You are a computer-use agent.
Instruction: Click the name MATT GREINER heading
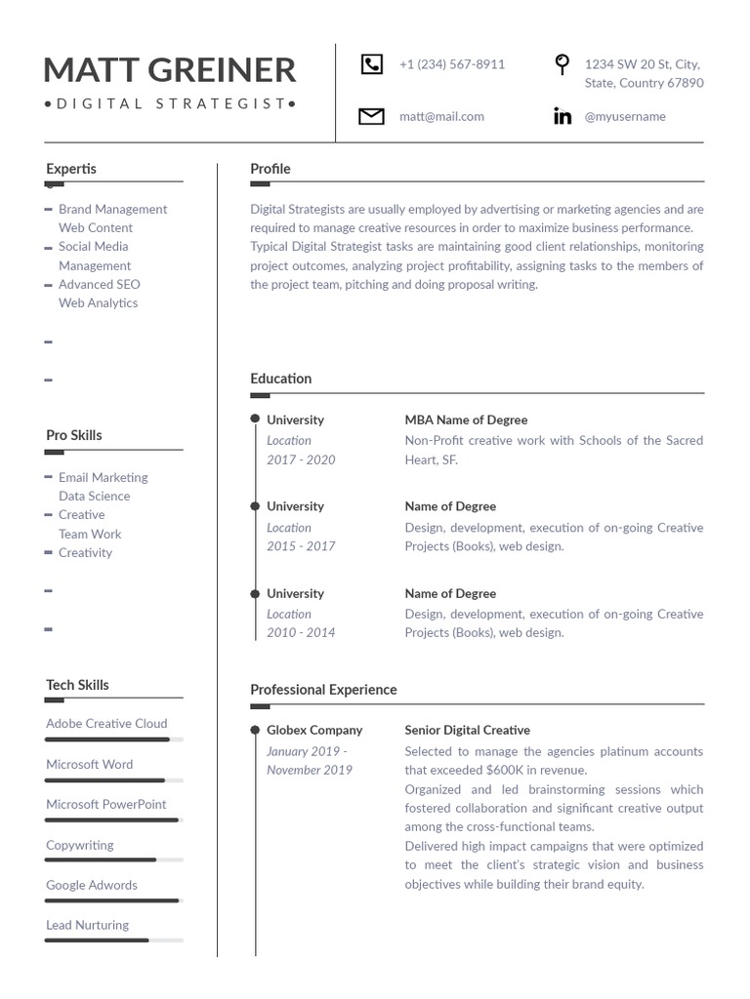pyautogui.click(x=170, y=70)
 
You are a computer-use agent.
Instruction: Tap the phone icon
pyautogui.click(x=372, y=64)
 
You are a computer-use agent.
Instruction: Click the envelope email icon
pyautogui.click(x=371, y=117)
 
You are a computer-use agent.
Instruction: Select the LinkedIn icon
pyautogui.click(x=562, y=117)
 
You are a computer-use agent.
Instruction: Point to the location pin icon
pyautogui.click(x=562, y=65)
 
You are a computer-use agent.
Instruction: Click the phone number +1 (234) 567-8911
pyautogui.click(x=452, y=64)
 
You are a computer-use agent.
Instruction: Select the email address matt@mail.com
pyautogui.click(x=441, y=116)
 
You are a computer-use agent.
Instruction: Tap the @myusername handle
pyautogui.click(x=625, y=116)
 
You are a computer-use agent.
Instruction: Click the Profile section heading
pyautogui.click(x=271, y=169)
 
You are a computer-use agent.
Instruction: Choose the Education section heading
pyautogui.click(x=281, y=379)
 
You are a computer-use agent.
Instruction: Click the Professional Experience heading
pyautogui.click(x=323, y=690)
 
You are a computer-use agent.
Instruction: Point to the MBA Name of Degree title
pyautogui.click(x=466, y=420)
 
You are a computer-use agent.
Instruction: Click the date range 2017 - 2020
pyautogui.click(x=301, y=460)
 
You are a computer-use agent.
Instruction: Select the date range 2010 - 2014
pyautogui.click(x=301, y=632)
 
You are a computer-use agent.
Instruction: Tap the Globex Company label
pyautogui.click(x=314, y=730)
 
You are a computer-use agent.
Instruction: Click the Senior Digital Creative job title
pyautogui.click(x=468, y=730)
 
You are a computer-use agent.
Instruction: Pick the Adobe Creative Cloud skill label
pyautogui.click(x=106, y=723)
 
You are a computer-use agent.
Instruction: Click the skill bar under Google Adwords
pyautogui.click(x=113, y=900)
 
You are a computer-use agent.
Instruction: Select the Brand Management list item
pyautogui.click(x=112, y=209)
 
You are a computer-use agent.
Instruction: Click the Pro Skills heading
pyautogui.click(x=74, y=435)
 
